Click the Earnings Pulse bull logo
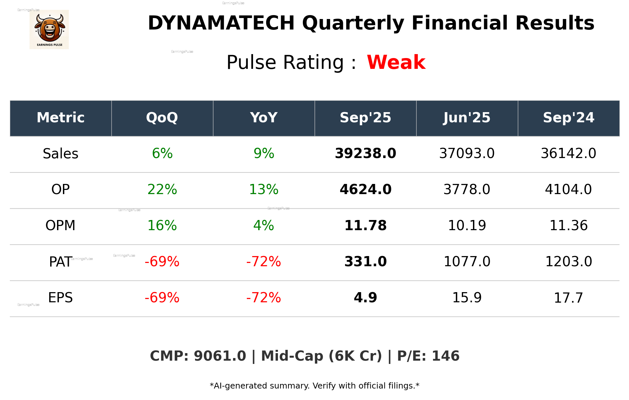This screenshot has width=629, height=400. [49, 30]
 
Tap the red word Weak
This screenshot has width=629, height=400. [396, 62]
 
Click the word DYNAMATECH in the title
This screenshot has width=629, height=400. [221, 23]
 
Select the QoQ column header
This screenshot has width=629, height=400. [162, 118]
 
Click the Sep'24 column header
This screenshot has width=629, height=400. [568, 118]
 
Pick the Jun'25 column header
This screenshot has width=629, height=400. [467, 118]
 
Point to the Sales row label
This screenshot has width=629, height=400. [61, 154]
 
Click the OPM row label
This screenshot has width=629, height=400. [61, 226]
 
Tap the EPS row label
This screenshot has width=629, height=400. [61, 298]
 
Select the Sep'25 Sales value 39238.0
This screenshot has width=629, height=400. [365, 153]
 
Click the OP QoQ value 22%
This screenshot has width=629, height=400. [162, 190]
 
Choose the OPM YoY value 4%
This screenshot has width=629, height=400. [264, 226]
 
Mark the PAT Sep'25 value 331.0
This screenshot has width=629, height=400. [365, 262]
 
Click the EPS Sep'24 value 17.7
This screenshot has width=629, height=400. [568, 298]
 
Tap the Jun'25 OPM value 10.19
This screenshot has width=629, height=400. [467, 226]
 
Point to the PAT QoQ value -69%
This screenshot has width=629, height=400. [162, 262]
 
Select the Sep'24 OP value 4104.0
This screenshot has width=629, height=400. [568, 190]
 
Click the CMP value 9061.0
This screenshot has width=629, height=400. [220, 356]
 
